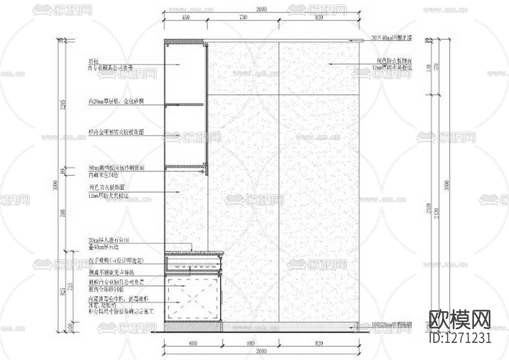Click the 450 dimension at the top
[x=186, y=17]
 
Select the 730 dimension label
[x=243, y=17]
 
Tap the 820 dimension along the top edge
[x=319, y=17]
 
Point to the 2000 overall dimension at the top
[x=261, y=10]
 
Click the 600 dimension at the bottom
[x=193, y=343]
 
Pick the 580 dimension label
[x=251, y=343]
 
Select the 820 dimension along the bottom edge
[x=319, y=343]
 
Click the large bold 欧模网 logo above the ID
[x=460, y=320]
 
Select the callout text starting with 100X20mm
[x=391, y=324]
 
